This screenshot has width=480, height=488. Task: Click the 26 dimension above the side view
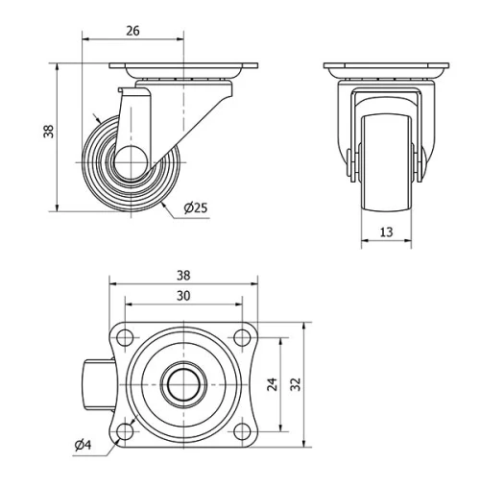[132, 31]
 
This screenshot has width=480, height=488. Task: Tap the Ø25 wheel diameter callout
[195, 207]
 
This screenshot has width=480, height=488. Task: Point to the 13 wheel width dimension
[387, 231]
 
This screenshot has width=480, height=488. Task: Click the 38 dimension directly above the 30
[183, 274]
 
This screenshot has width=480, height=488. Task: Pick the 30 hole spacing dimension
[183, 297]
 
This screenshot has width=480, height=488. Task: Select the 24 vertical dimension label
[272, 384]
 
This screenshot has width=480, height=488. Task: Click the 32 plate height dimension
[296, 384]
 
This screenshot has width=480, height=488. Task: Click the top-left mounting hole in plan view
[126, 337]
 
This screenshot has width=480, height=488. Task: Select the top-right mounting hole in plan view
[243, 337]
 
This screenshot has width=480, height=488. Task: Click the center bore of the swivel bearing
[183, 384]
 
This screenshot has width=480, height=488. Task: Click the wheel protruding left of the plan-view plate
[96, 384]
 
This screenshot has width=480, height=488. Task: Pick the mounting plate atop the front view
[387, 69]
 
